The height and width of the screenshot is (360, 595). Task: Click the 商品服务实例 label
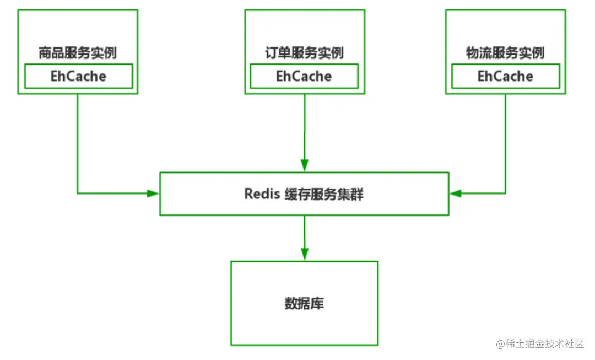(77, 53)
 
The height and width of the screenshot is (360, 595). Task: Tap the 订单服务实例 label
(304, 53)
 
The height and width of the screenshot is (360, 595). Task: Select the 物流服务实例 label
(505, 53)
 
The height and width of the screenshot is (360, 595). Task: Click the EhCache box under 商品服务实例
(78, 76)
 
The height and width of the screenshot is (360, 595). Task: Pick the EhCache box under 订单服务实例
(304, 76)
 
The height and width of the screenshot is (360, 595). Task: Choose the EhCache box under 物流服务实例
(505, 76)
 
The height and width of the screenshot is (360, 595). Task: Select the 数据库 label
(304, 303)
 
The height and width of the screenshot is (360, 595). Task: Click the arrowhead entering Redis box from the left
(153, 194)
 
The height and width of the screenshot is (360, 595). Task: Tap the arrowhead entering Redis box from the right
(455, 194)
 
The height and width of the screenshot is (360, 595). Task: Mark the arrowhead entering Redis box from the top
(304, 165)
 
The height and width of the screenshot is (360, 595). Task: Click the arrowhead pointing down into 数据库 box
(304, 254)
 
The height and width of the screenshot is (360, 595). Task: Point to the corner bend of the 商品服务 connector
(78, 194)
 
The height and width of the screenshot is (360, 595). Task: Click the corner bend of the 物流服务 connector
(505, 194)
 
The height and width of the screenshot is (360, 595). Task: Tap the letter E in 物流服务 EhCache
(481, 76)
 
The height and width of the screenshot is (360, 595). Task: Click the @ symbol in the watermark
(500, 344)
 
